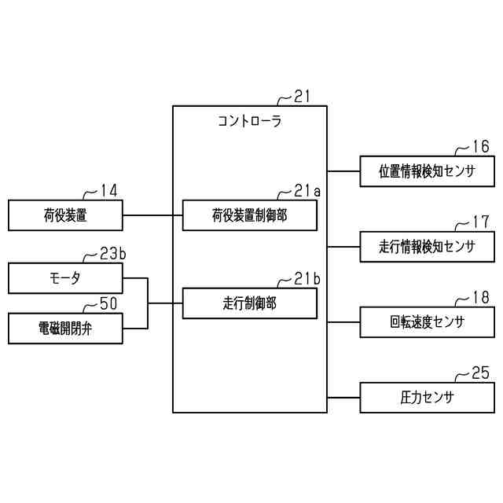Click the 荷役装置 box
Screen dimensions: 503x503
[65, 215]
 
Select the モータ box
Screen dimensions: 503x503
[65, 278]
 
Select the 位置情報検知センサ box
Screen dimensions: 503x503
[428, 171]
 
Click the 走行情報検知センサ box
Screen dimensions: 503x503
[428, 247]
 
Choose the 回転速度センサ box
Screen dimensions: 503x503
[428, 321]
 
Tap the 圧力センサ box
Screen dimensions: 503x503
[428, 397]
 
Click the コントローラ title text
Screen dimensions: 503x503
[249, 122]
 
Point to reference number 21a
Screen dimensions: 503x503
[307, 190]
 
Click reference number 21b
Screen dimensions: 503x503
[307, 278]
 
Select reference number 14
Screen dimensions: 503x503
[108, 190]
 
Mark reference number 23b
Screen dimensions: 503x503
[112, 254]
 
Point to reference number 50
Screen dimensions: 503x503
[108, 303]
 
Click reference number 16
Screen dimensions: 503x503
[480, 146]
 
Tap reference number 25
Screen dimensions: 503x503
[480, 372]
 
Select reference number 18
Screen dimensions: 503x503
[480, 297]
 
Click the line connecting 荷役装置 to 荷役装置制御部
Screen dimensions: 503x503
[152, 215]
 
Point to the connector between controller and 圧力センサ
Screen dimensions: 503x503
[343, 397]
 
